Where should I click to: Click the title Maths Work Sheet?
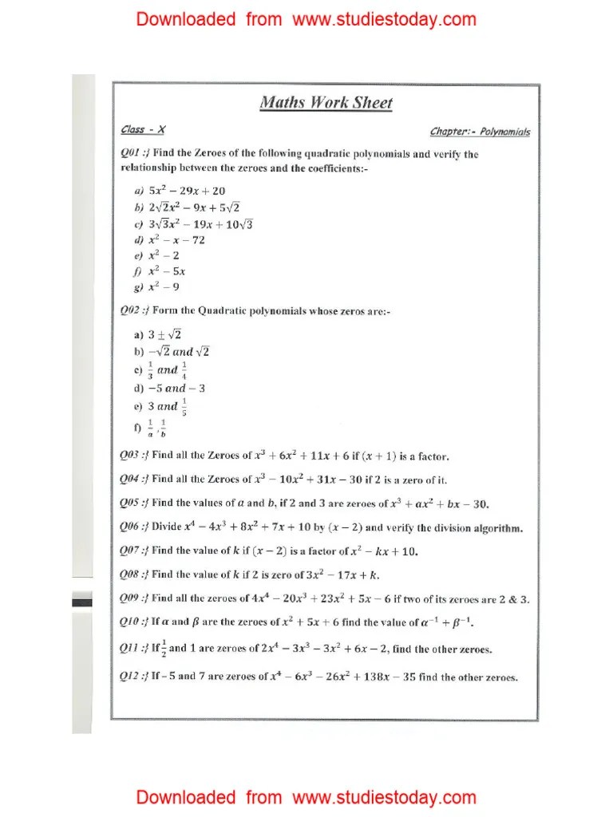pos(326,103)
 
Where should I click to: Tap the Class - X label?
pos(143,129)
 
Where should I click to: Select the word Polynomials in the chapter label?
pos(504,132)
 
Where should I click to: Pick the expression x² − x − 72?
pos(176,239)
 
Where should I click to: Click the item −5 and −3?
pos(176,389)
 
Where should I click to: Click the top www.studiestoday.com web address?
pos(384,19)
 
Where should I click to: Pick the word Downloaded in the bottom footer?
pos(185,797)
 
